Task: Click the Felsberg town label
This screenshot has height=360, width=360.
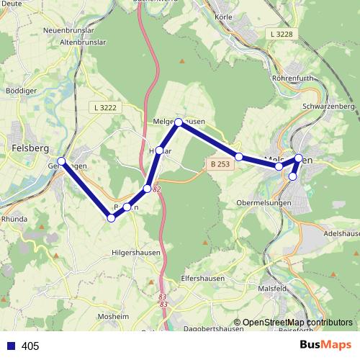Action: (x=30, y=148)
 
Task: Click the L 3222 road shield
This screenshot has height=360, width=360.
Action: (x=105, y=107)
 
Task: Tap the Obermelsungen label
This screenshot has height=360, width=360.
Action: (x=264, y=203)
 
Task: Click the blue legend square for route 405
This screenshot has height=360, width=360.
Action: (x=10, y=346)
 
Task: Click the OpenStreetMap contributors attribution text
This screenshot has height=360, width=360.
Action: (x=292, y=323)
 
